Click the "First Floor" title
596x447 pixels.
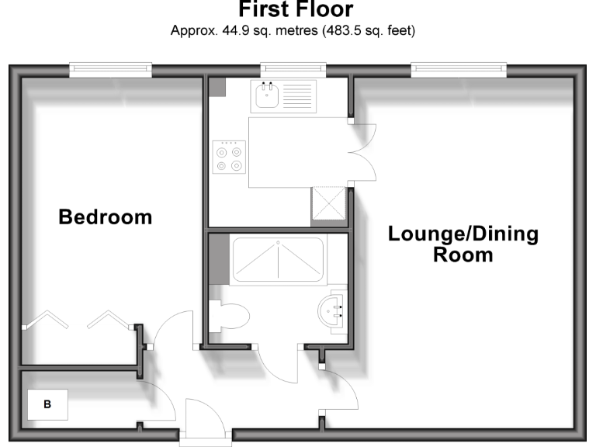click(296, 10)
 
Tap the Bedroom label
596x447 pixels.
click(106, 217)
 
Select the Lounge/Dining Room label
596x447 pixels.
click(463, 244)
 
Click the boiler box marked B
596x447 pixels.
click(47, 404)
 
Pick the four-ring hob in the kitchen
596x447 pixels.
click(229, 156)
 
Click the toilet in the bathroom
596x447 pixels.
click(229, 316)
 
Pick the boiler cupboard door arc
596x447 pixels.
click(159, 400)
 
